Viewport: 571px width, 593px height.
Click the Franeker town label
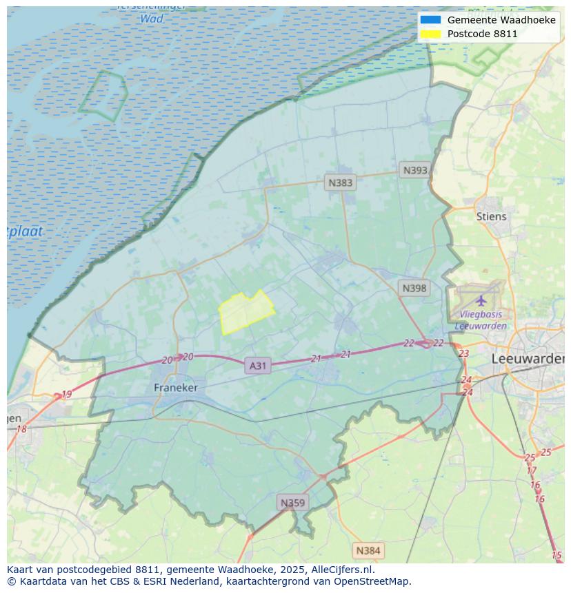(175, 388)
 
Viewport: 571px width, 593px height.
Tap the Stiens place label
(491, 216)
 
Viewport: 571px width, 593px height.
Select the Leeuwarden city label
(528, 359)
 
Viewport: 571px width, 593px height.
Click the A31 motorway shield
(257, 366)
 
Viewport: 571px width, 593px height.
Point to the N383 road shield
(340, 183)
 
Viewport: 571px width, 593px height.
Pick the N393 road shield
(415, 170)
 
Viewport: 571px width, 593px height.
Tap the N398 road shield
(414, 288)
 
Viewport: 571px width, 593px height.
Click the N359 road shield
(292, 503)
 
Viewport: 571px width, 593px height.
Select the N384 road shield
(368, 550)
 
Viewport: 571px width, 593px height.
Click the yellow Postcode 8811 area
(244, 311)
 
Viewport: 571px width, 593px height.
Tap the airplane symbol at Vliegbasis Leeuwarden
(481, 300)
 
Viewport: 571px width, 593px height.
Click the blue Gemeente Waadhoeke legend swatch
(430, 20)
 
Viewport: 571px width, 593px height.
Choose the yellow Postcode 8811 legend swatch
(430, 34)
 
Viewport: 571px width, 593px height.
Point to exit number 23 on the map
(463, 353)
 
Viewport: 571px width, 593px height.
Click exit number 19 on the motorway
(66, 395)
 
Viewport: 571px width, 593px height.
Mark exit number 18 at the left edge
(21, 429)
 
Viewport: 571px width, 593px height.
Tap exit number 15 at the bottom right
(557, 555)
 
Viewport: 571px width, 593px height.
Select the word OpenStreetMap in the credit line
(372, 581)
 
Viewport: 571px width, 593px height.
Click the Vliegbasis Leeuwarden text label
(481, 320)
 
